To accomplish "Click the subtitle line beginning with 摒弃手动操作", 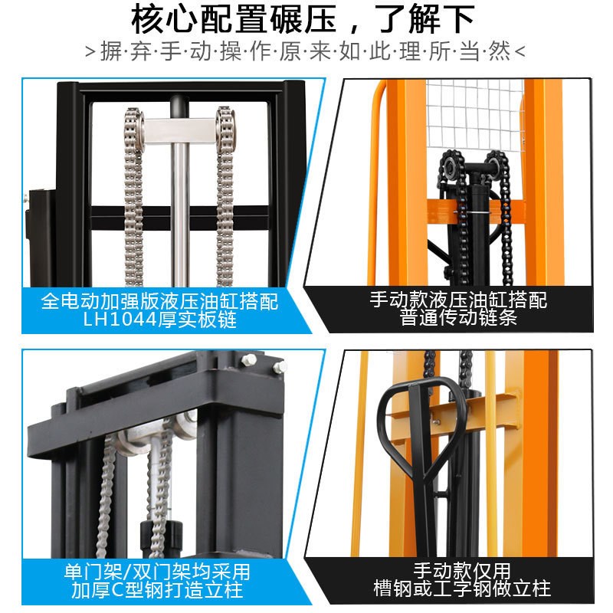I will pyautogui.click(x=306, y=52).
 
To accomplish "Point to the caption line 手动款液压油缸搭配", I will pyautogui.click(x=458, y=298).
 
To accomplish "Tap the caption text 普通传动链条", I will pyautogui.click(x=458, y=317).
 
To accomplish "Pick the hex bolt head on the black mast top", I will pyautogui.click(x=249, y=359).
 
